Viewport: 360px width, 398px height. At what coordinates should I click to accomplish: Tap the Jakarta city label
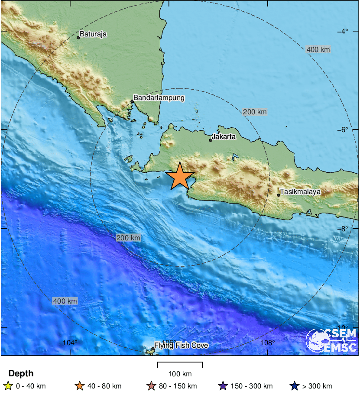tap(224, 137)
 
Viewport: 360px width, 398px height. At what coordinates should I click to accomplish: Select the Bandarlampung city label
tap(159, 98)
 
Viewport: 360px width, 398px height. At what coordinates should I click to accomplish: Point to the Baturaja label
tap(93, 34)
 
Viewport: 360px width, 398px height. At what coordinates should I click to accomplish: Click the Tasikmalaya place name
tap(300, 191)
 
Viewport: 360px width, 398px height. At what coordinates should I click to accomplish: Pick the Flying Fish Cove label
tap(181, 346)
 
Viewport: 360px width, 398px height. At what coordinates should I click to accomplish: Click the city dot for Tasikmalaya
tap(279, 195)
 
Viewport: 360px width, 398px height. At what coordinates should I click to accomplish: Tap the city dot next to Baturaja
tap(78, 38)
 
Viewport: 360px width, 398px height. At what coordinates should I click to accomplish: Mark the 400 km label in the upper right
tap(318, 49)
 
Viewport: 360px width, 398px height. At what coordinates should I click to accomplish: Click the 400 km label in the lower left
tap(65, 301)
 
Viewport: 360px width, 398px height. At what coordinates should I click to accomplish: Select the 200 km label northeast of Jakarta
tap(255, 112)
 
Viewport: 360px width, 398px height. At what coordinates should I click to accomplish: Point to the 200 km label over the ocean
tap(128, 238)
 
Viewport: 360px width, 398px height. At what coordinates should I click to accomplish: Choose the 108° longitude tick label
tap(268, 343)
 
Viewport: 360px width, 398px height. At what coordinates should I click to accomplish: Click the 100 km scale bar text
tap(180, 374)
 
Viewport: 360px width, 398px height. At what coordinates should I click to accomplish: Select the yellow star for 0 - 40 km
tap(7, 386)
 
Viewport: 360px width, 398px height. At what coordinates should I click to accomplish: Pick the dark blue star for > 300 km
tap(295, 386)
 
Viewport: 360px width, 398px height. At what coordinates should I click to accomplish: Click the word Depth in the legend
tap(21, 373)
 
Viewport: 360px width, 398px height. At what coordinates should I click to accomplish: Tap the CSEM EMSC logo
tap(331, 340)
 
